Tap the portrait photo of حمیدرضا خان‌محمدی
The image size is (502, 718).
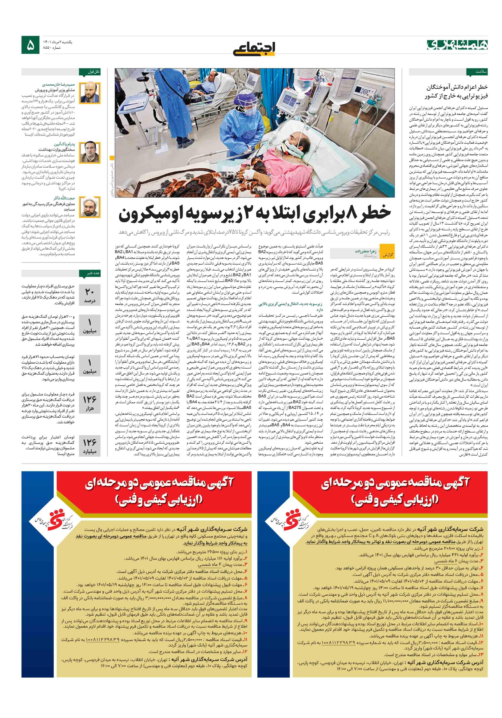90,93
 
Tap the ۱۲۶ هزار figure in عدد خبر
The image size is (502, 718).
90,403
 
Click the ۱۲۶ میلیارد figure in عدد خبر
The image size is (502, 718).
90,446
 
